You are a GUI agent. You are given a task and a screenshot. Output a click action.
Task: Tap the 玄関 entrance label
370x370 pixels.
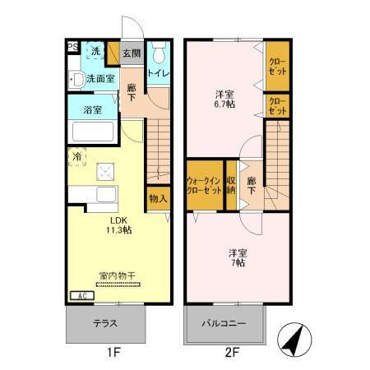[x=132, y=53]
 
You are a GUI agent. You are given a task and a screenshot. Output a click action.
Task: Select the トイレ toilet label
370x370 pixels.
[x=158, y=73]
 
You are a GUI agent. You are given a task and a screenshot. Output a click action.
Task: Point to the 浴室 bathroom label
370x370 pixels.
[x=91, y=109]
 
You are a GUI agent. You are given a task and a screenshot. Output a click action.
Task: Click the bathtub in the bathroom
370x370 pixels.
[x=95, y=132]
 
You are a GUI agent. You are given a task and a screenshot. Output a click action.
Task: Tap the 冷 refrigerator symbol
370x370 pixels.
[x=76, y=156]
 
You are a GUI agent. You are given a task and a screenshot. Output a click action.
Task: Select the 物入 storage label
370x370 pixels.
[x=158, y=198]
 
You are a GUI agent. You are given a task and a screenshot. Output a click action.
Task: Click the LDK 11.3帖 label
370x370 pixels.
[x=113, y=224]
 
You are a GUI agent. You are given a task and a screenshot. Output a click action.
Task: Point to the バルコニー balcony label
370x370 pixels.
[x=226, y=325]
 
